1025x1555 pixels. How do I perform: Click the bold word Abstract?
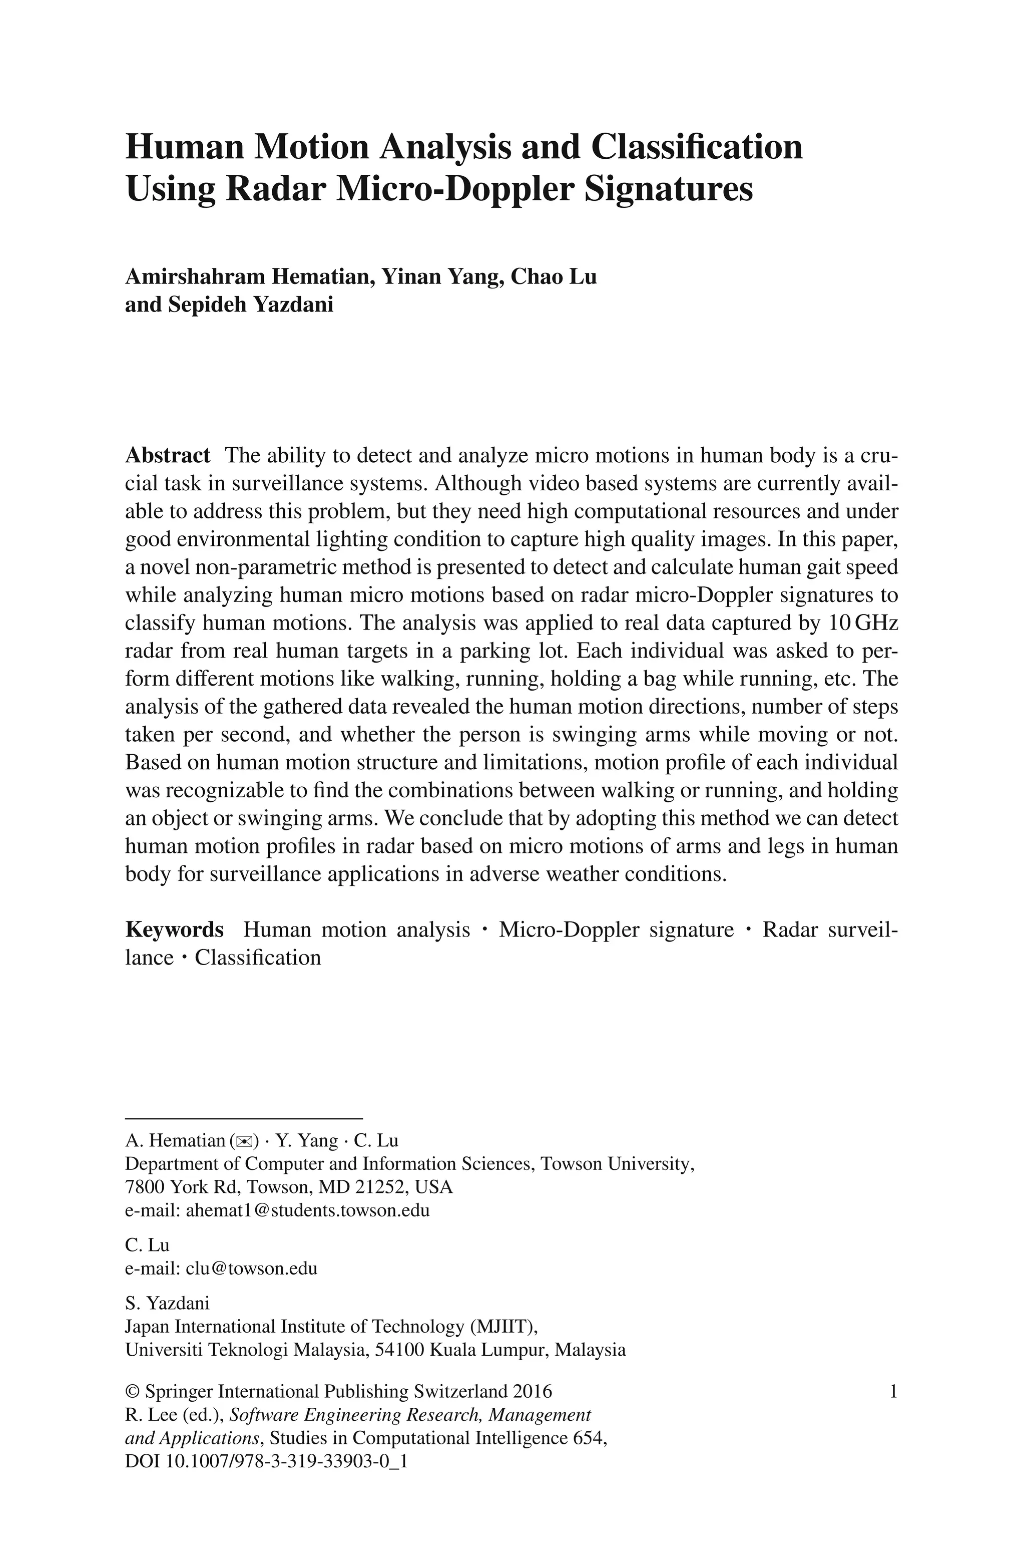click(x=167, y=455)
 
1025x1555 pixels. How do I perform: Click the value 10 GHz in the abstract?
click(x=863, y=623)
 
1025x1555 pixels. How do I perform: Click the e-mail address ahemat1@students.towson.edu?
click(x=308, y=1210)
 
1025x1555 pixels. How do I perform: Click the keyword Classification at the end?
click(x=258, y=958)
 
